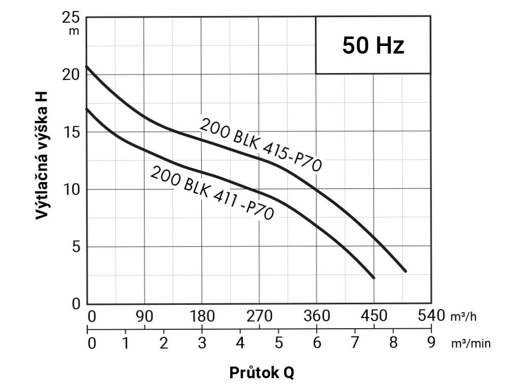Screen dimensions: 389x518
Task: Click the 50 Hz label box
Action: pos(373,46)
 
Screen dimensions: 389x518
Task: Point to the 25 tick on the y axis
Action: pos(72,18)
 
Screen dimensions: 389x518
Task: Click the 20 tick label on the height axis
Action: pos(72,74)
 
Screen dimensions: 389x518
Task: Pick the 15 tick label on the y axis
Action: pos(72,132)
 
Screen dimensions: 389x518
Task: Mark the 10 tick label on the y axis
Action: pos(72,189)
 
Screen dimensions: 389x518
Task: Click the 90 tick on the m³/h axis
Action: pos(145,317)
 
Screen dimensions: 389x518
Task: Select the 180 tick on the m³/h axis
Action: pos(202,317)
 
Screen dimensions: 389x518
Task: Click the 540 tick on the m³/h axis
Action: pos(430,317)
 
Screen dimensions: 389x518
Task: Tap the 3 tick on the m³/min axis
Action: pos(202,343)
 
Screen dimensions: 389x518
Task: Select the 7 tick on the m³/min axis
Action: pos(355,343)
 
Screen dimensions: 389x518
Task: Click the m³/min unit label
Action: pos(470,343)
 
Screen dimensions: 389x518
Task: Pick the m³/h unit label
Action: pos(463,317)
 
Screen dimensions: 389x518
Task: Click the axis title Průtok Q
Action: pos(262,373)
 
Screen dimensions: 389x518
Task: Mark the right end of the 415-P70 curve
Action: pos(405,271)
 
